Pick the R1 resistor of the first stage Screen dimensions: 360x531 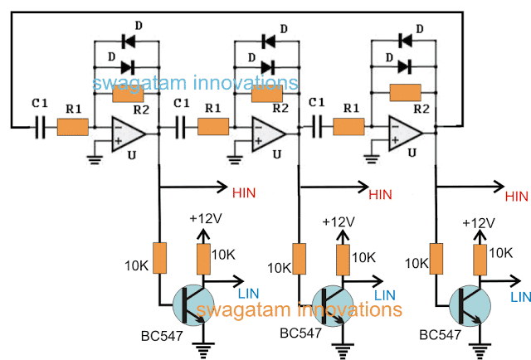pos(72,128)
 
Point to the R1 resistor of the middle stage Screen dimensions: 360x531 pos(213,127)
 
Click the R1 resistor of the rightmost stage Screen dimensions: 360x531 pos(349,127)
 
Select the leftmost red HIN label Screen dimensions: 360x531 pos(241,193)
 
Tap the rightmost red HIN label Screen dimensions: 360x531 pos(516,196)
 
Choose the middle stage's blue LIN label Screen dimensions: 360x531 pos(386,294)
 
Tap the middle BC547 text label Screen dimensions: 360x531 pos(300,333)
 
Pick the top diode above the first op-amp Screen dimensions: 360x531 pos(128,38)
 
